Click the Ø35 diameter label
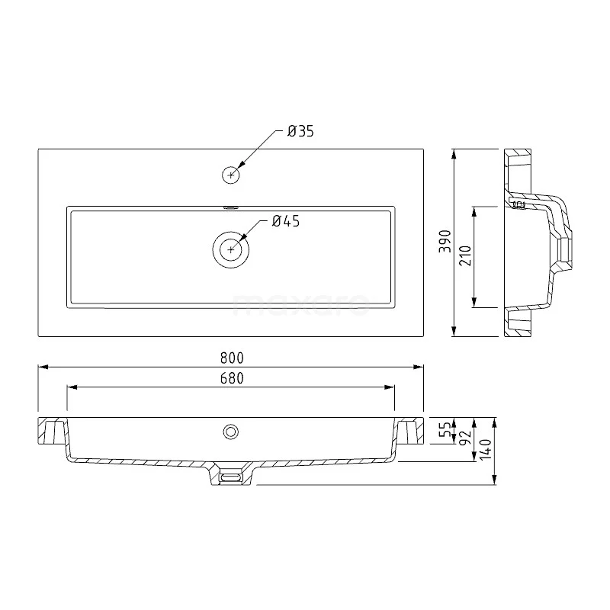point(300,132)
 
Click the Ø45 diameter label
point(286,221)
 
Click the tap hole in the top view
point(230,175)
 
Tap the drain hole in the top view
point(230,249)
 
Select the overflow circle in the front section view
point(230,432)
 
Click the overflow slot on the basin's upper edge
point(230,206)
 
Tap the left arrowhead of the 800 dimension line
point(41,367)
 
